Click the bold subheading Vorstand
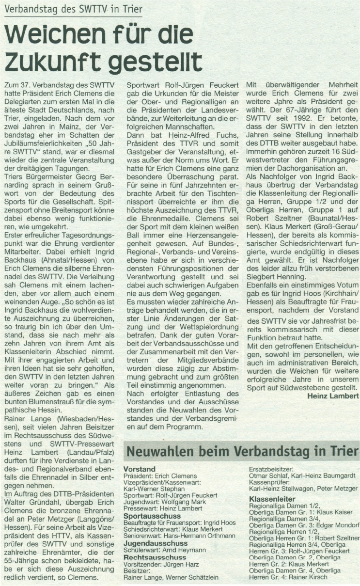140,470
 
